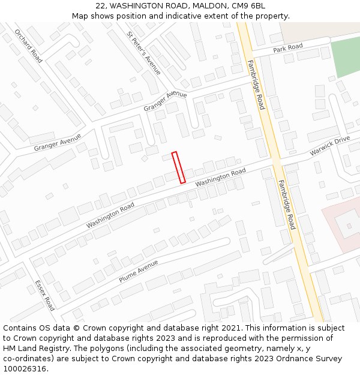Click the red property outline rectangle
[178, 167]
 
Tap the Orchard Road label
[28, 46]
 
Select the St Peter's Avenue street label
[144, 53]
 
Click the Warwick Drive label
[329, 146]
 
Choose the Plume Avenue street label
[138, 271]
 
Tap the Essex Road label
[45, 295]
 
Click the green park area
[346, 56]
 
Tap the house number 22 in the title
[100, 6]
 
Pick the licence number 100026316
[25, 369]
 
